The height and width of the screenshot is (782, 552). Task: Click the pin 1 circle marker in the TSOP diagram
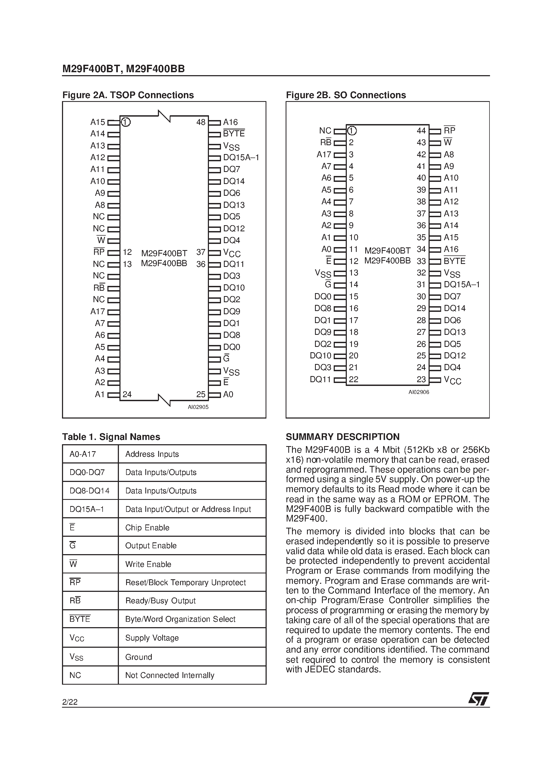(126, 122)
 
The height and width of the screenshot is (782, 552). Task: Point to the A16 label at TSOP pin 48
(230, 122)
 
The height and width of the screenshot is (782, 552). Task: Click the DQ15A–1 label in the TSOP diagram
(241, 157)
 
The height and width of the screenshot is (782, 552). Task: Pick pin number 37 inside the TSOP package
(201, 252)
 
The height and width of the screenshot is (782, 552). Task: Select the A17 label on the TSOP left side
(98, 311)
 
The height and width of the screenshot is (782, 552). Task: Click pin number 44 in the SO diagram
(421, 131)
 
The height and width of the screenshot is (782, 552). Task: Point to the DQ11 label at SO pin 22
(320, 379)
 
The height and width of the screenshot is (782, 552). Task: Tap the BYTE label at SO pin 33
(454, 261)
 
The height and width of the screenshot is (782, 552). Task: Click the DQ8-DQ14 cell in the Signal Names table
(90, 491)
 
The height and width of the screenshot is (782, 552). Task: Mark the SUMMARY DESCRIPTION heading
(342, 437)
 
